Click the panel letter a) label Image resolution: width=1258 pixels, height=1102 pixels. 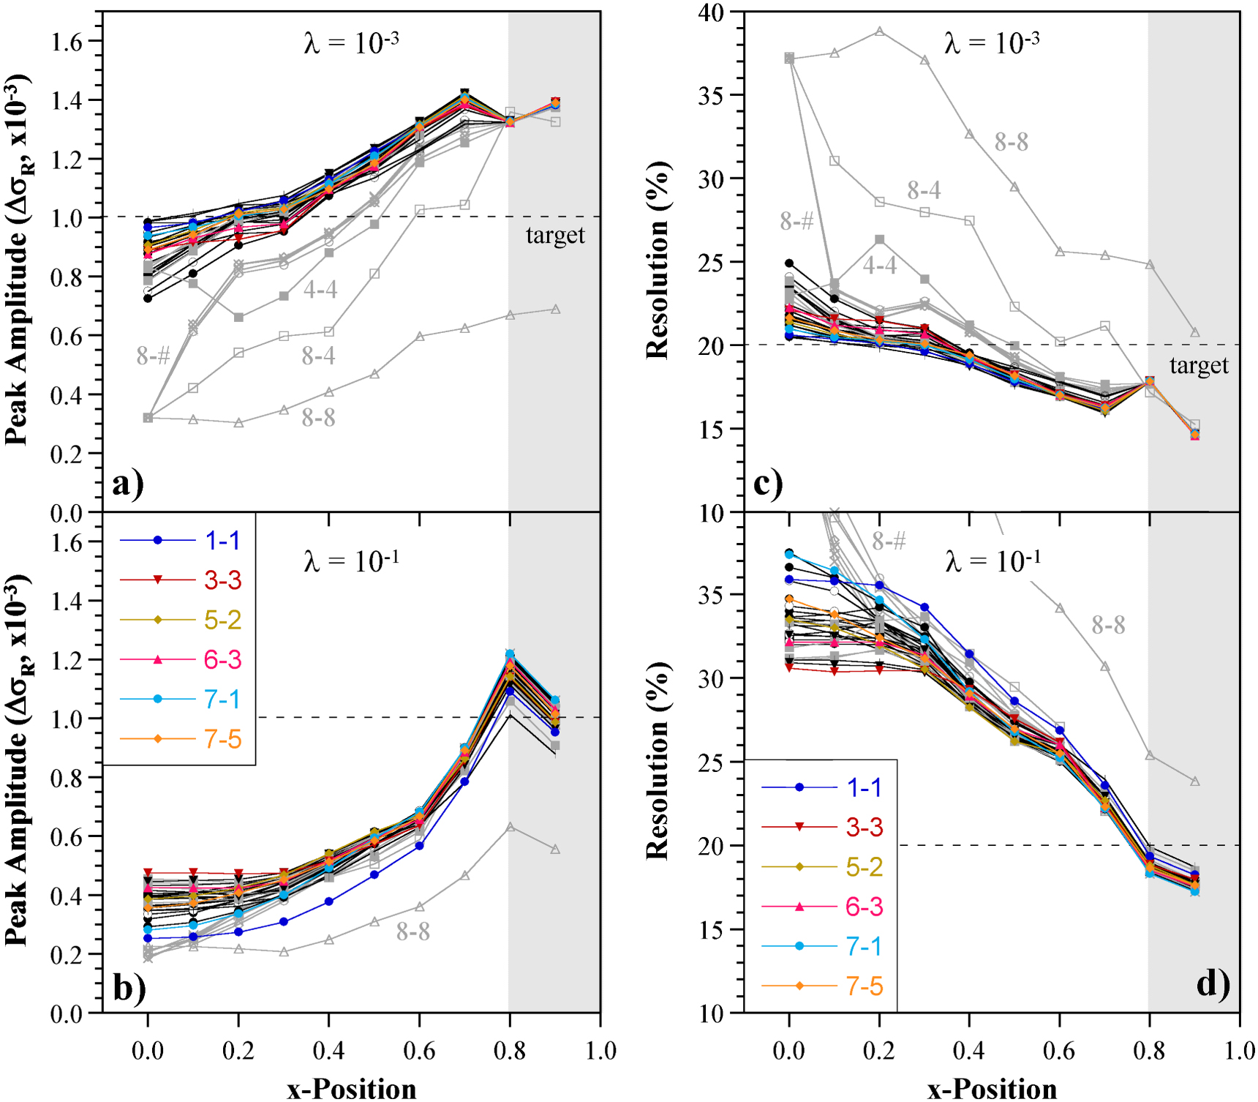(x=127, y=484)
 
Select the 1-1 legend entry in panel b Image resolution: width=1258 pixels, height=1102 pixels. (x=222, y=541)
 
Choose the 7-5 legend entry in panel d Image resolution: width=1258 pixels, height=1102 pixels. (x=864, y=986)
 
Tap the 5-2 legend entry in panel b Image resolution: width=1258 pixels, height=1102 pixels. (x=222, y=620)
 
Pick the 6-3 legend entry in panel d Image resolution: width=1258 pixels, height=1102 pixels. (x=864, y=907)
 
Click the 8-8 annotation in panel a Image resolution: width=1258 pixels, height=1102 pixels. (x=318, y=418)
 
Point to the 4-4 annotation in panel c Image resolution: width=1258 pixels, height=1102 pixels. (x=879, y=265)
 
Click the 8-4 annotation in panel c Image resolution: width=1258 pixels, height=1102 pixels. (x=924, y=190)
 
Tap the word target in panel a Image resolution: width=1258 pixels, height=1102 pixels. (x=555, y=236)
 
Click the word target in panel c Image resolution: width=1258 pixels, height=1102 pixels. (x=1198, y=365)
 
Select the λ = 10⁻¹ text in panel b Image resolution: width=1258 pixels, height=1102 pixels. (x=351, y=562)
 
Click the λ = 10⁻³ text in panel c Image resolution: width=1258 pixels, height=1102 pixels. (x=992, y=43)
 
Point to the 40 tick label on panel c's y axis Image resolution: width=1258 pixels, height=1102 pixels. (x=710, y=12)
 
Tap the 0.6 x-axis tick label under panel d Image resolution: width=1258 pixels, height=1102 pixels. (x=1058, y=1052)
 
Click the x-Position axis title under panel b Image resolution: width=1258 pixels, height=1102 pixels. (x=351, y=1088)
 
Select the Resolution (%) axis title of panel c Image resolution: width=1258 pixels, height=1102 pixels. (x=658, y=260)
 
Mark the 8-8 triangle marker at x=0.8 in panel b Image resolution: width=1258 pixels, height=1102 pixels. (x=511, y=827)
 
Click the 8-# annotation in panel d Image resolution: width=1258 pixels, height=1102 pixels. (x=889, y=541)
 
